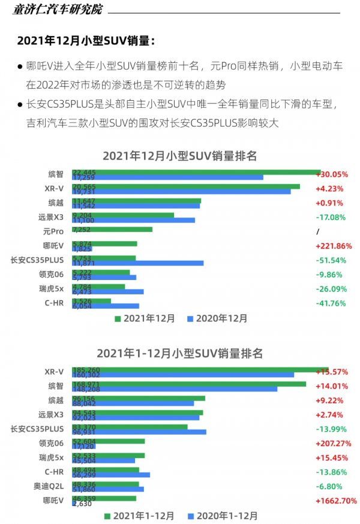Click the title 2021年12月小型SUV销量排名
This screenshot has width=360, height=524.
[179, 156]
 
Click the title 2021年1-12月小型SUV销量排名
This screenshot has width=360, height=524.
[179, 354]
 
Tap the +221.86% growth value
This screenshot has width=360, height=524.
[334, 246]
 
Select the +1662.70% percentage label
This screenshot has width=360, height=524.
[336, 501]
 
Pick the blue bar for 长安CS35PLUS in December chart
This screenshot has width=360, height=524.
[137, 263]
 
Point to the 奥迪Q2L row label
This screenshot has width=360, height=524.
[50, 486]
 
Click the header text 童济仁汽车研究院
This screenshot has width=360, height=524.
[58, 10]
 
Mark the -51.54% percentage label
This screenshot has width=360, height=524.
[331, 260]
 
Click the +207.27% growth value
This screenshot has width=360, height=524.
[334, 443]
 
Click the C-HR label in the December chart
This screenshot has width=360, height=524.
[54, 303]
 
